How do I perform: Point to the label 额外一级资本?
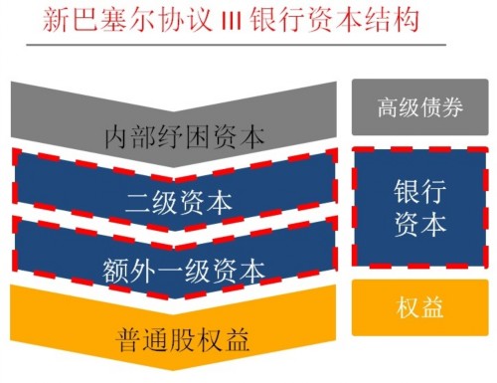184,269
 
